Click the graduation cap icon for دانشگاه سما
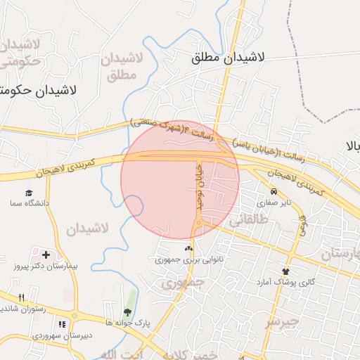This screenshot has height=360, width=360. coord(29,193)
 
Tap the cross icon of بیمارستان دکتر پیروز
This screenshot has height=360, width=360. coord(46,255)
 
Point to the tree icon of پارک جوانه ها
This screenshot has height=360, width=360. coord(127,312)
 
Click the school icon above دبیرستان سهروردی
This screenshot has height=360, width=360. coord(62,325)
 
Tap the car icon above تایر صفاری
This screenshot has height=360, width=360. coord(274,191)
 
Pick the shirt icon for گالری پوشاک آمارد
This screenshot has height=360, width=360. coord(285,271)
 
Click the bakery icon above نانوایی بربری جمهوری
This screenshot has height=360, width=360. coord(187,248)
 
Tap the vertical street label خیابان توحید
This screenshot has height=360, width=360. coord(198,186)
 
